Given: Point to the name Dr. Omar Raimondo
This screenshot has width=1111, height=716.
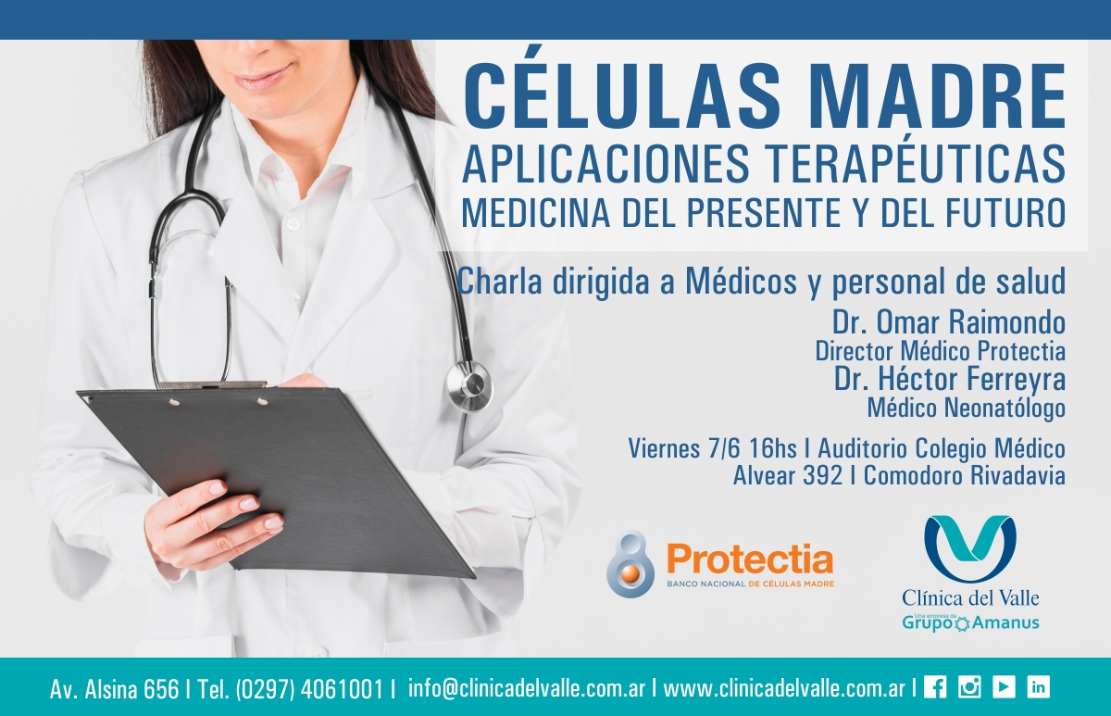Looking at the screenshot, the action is pyautogui.click(x=949, y=322).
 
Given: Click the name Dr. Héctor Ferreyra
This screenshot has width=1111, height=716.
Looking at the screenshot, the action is pyautogui.click(x=950, y=379).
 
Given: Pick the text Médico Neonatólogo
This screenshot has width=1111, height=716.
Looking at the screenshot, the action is pyautogui.click(x=967, y=408).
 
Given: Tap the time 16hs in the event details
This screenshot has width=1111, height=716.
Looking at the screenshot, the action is pyautogui.click(x=773, y=448).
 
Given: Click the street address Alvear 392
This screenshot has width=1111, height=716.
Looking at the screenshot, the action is pyautogui.click(x=788, y=475).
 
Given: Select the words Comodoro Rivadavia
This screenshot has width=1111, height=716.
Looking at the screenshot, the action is pyautogui.click(x=965, y=475).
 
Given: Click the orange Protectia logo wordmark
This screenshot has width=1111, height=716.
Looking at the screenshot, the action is pyautogui.click(x=750, y=559).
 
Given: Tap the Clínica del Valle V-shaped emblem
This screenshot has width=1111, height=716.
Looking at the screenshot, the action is pyautogui.click(x=969, y=548).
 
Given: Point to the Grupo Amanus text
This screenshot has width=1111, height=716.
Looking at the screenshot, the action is pyautogui.click(x=970, y=622).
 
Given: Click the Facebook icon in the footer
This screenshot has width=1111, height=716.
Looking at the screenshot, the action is pyautogui.click(x=935, y=687).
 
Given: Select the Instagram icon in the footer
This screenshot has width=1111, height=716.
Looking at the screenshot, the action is pyautogui.click(x=969, y=687).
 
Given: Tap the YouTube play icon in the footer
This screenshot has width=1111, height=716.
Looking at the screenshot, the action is pyautogui.click(x=1004, y=687).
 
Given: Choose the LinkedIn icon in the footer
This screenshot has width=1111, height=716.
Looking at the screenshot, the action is pyautogui.click(x=1038, y=687).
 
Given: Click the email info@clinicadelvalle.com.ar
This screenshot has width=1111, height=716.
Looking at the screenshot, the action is pyautogui.click(x=527, y=688).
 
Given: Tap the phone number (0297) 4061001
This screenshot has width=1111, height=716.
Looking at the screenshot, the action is pyautogui.click(x=309, y=689).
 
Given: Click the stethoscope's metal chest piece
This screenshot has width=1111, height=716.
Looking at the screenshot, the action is pyautogui.click(x=468, y=386).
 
